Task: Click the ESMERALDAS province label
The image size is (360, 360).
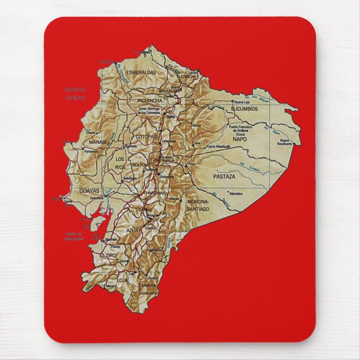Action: point(140,72)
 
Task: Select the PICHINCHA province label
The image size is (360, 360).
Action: point(149,100)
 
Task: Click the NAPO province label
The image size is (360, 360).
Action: point(239,138)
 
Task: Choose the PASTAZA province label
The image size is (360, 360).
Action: point(224,176)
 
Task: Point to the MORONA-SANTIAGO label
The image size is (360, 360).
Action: point(198,205)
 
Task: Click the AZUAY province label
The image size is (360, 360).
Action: point(134,230)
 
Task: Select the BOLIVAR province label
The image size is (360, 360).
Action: point(140,165)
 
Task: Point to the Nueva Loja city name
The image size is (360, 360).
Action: point(242,102)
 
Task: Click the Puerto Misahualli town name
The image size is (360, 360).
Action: point(218,146)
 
